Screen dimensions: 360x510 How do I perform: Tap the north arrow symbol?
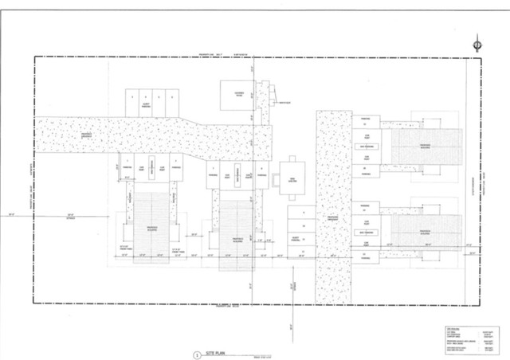pos(476,45)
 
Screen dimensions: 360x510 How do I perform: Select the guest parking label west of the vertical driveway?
pos(300,240)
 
